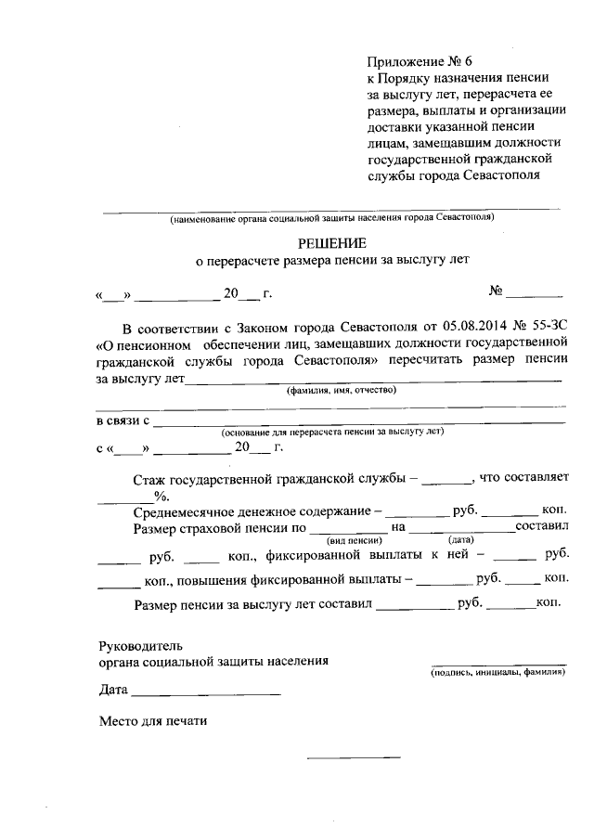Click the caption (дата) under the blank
(x=460, y=539)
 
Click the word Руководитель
(x=141, y=645)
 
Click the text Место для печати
(x=153, y=720)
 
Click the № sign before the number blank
(x=497, y=291)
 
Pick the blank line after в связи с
(x=358, y=422)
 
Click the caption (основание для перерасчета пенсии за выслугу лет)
(x=332, y=433)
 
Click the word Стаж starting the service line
(x=149, y=480)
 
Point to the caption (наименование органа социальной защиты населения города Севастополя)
(x=331, y=217)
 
